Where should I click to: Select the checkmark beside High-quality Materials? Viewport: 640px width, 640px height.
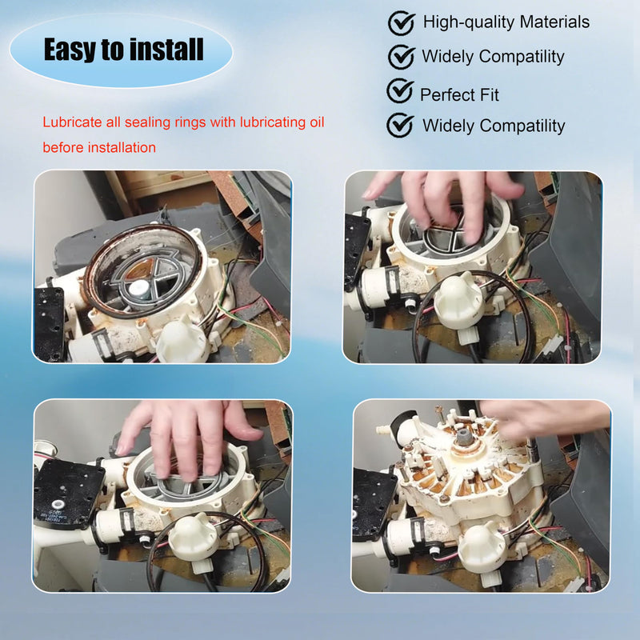coord(402,23)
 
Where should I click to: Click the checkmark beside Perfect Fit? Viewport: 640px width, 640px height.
coord(400,91)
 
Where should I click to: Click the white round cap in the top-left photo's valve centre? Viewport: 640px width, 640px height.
coord(140,288)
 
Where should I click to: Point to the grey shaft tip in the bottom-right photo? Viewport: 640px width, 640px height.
coord(465,436)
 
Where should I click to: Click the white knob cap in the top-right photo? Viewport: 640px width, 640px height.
coord(457,298)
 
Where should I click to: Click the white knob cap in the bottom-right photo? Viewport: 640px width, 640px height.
coord(482,546)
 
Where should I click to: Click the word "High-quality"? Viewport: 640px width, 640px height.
coord(469,22)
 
